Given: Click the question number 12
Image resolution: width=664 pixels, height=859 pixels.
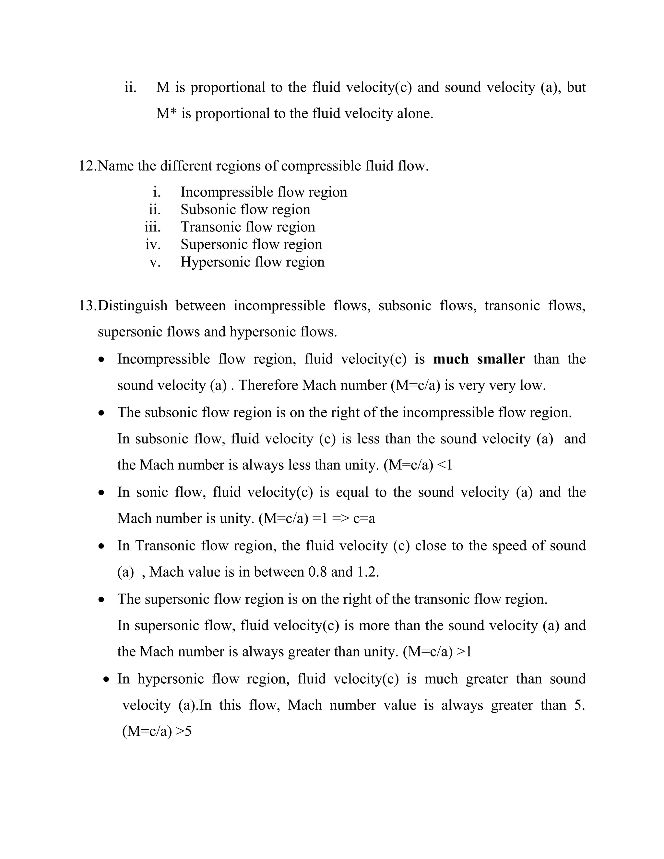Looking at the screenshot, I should click(x=87, y=166).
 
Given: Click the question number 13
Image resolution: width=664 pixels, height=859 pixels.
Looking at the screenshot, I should click(x=87, y=306).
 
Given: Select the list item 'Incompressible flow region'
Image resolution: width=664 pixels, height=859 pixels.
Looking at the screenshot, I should click(x=264, y=192).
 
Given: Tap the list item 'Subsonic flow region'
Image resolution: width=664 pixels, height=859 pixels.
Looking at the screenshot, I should click(x=245, y=210).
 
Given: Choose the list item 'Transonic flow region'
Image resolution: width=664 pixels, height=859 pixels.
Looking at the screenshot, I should click(x=248, y=227).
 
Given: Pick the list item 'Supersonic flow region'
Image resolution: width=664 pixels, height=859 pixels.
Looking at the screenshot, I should click(x=251, y=244).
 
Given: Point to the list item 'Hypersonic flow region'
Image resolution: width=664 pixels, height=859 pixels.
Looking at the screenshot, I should click(x=252, y=262).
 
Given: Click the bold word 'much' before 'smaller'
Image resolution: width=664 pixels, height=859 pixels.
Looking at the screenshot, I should click(x=450, y=359).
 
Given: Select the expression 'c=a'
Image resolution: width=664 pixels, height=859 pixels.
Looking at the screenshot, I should click(x=364, y=519).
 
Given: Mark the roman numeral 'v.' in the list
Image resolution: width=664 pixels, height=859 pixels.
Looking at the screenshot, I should click(x=155, y=262).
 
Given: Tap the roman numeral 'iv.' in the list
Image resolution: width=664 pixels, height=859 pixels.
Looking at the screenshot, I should click(x=153, y=245).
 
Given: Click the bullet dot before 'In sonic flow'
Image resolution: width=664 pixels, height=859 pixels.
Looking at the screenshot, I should click(x=102, y=493).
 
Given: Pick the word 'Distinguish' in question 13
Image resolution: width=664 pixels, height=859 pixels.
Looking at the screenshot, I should click(x=133, y=306).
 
